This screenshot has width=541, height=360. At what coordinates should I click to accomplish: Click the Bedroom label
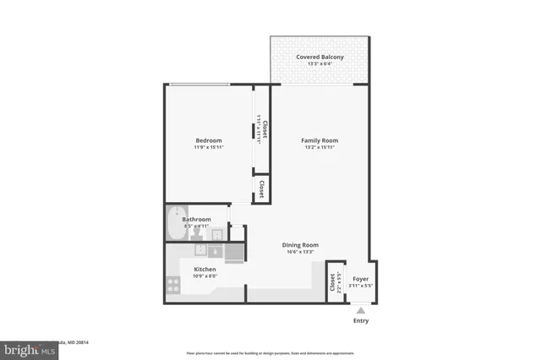208,140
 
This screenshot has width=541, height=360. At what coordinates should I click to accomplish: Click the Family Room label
320,140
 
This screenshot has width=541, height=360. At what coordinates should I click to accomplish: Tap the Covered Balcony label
319,57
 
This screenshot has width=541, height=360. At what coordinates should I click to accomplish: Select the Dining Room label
300,245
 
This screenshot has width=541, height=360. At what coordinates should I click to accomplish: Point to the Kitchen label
205,270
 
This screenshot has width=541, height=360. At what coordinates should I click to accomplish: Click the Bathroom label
196,220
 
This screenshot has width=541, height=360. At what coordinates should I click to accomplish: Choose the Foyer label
360,279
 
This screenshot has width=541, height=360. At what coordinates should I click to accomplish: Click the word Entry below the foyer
360,321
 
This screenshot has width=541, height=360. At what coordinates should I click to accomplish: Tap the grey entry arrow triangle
361,311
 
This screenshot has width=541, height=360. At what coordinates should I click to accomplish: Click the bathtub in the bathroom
176,221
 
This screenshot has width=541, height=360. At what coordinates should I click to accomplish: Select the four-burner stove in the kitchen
174,285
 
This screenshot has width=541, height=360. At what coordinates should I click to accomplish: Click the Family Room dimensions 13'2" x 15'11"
320,148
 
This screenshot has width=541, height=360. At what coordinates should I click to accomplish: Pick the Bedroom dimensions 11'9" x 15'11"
208,148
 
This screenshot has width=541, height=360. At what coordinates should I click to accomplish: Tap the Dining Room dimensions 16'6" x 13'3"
300,252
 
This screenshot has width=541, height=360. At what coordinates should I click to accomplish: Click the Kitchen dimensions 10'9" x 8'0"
205,276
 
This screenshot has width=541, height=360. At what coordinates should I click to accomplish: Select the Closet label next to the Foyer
332,282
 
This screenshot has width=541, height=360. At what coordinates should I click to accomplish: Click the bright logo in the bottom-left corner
24,348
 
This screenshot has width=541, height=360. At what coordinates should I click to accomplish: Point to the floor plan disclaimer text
270,352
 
